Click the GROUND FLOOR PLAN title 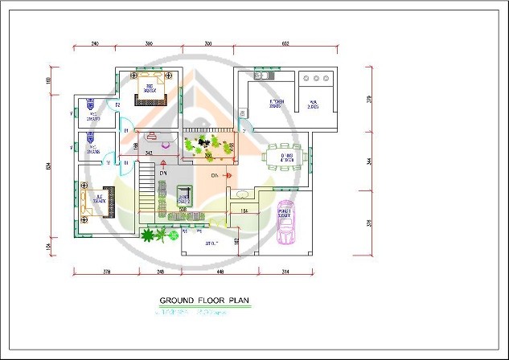pos(205,301)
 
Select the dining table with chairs pos(285,154)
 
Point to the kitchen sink pos(262,77)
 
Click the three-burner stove pos(316,79)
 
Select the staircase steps pos(147,188)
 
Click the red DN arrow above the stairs pos(162,165)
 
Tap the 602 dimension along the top pos(285,42)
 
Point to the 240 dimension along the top pos(94,42)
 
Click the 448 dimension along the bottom pos(220,272)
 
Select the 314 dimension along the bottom pos(285,272)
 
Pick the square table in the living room pos(184,195)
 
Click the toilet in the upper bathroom pos(91,104)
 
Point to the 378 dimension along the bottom pos(107,272)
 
